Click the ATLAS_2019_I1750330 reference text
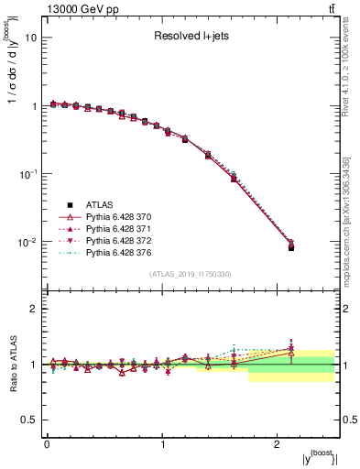pos(191,274)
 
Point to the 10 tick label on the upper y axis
pos(30,38)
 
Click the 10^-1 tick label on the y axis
pos(27,174)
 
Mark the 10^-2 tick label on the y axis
pos(27,242)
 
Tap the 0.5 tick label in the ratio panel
pos(27,420)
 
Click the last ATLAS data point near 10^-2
pos(291,247)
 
